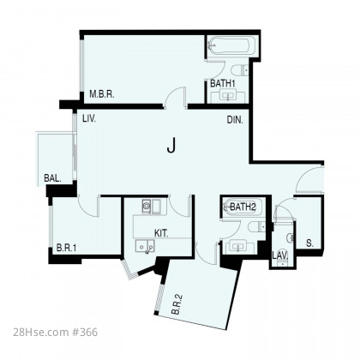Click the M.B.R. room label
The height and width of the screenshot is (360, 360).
102,94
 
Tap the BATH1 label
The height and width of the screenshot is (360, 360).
223,83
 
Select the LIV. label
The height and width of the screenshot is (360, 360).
89,118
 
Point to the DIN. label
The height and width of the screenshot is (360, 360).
235,120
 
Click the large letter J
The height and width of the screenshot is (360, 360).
171,145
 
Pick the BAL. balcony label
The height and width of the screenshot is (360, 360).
52,178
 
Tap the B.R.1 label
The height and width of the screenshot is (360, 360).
66,248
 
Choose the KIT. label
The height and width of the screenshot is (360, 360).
161,233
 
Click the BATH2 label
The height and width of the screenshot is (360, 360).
243,207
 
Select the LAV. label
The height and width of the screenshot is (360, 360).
280,255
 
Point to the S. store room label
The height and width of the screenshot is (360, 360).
309,243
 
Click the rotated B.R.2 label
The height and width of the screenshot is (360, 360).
177,304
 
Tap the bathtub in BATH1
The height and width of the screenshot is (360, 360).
231,45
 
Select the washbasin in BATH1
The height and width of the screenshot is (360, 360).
228,95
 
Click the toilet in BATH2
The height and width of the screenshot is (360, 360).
257,227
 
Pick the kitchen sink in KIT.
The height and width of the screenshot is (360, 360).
145,246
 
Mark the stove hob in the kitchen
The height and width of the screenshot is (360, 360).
147,206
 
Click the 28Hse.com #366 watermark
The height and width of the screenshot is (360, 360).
56,333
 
